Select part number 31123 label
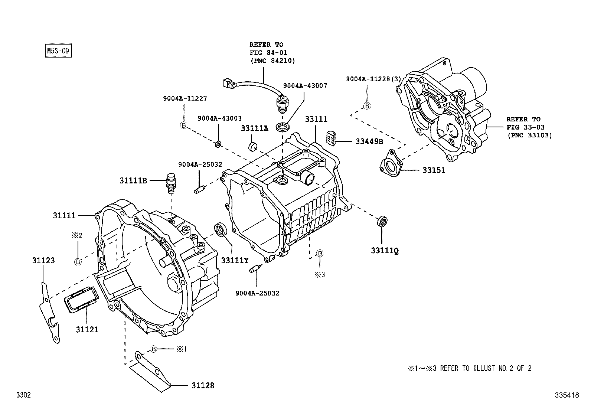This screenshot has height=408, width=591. point(43,260)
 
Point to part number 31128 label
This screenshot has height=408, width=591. point(203,385)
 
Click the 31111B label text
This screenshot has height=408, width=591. point(133,181)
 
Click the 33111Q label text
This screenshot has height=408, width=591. point(385,251)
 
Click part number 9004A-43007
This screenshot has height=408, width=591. point(305,85)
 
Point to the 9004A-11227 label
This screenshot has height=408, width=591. point(185,98)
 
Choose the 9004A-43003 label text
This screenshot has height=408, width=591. point(219,118)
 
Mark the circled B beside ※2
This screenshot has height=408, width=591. point(78,262)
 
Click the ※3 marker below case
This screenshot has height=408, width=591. point(320,275)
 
